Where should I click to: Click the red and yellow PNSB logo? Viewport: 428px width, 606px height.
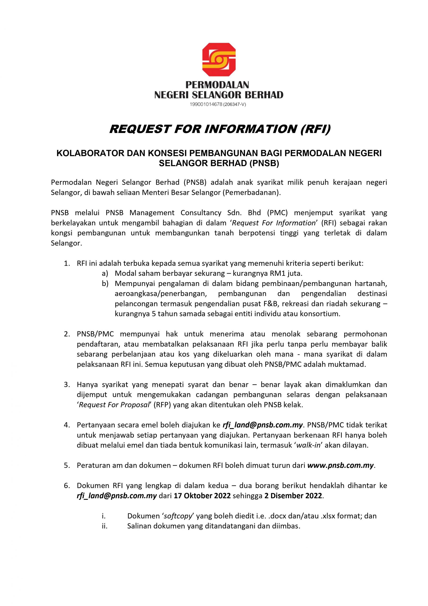pyautogui.click(x=219, y=60)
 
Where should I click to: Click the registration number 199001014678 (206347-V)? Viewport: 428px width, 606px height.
pyautogui.click(x=218, y=105)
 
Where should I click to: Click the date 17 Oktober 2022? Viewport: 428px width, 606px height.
pyautogui.click(x=202, y=496)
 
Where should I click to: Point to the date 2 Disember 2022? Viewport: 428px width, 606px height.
pyautogui.click(x=293, y=496)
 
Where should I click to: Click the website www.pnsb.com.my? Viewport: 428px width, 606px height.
pyautogui.click(x=341, y=465)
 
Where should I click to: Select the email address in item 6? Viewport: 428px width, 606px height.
pyautogui.click(x=117, y=496)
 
